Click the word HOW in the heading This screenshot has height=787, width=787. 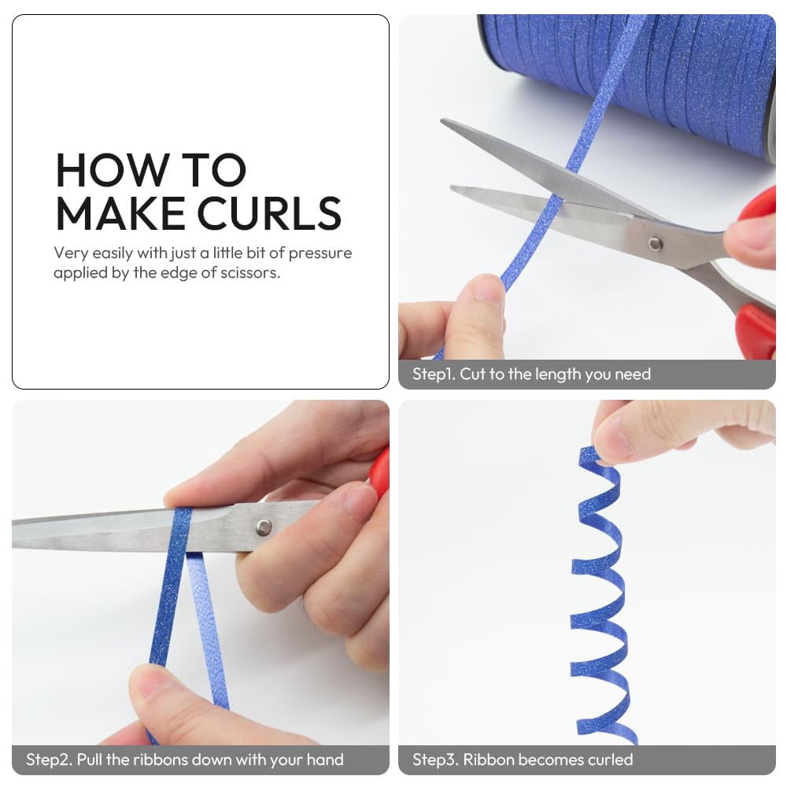pyautogui.click(x=112, y=170)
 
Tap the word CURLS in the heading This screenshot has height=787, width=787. pyautogui.click(x=269, y=214)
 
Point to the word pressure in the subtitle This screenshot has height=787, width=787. pyautogui.click(x=320, y=253)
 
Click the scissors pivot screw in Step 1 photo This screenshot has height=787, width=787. pyautogui.click(x=655, y=244)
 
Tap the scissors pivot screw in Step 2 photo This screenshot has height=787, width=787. pyautogui.click(x=264, y=527)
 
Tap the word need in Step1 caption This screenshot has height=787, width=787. pyautogui.click(x=633, y=375)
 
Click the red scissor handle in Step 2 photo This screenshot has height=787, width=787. pyautogui.click(x=379, y=471)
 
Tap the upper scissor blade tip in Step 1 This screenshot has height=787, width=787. pyautogui.click(x=442, y=120)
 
